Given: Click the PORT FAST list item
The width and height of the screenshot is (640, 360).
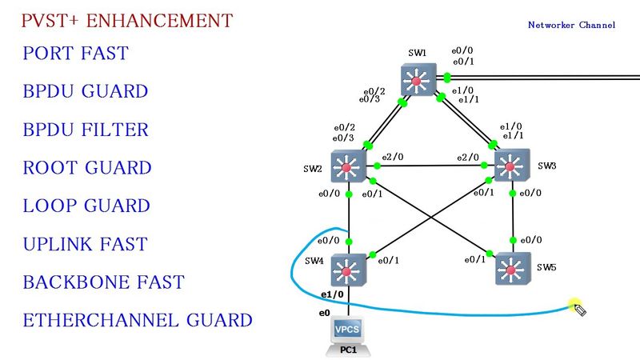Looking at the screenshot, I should click(x=76, y=54).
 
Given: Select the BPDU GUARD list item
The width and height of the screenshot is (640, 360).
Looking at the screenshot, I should click(x=86, y=91).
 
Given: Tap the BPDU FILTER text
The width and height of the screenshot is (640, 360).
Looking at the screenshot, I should click(x=86, y=130).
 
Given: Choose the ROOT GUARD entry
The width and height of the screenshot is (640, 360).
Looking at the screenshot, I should click(x=87, y=168).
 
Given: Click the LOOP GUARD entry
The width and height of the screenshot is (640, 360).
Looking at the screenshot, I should click(x=86, y=206).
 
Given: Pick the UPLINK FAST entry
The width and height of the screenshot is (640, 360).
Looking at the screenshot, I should click(x=85, y=244).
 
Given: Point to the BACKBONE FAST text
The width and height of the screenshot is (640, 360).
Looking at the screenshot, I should click(x=103, y=282).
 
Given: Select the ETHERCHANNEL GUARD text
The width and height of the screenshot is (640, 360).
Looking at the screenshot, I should click(x=138, y=321).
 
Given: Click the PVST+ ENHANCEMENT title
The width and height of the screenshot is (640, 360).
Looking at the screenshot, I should click(x=127, y=19).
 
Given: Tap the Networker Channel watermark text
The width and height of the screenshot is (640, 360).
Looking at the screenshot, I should click(x=571, y=25).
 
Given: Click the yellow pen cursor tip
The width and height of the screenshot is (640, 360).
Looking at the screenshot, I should click(x=572, y=303).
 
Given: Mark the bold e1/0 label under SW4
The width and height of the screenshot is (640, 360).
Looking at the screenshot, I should click(x=332, y=294).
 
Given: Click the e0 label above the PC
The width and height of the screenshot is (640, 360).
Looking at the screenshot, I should click(x=325, y=312).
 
